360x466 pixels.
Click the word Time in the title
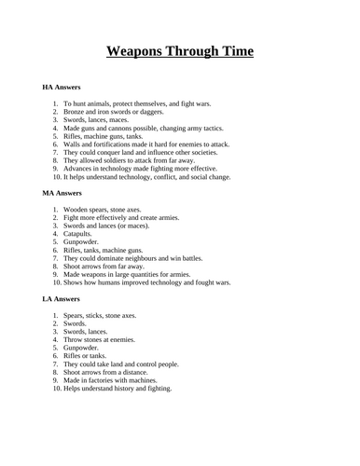click(229, 51)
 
